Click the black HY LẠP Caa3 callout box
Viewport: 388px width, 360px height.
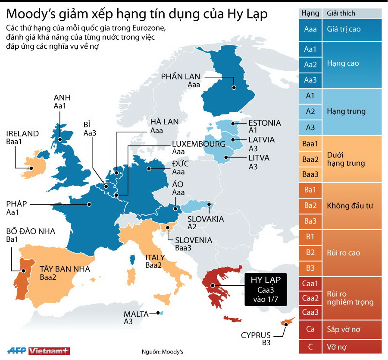[266, 290]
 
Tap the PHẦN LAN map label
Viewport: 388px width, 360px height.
[181, 76]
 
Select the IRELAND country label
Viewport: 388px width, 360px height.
[22, 133]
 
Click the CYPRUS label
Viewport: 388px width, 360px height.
[256, 335]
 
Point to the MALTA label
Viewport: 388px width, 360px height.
[136, 314]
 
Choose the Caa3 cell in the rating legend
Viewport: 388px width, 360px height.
[310, 312]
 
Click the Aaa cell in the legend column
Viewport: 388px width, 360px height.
[310, 30]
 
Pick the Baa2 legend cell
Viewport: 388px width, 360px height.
[310, 159]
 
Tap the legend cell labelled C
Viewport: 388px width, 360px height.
[310, 346]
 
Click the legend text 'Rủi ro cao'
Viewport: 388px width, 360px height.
[344, 253]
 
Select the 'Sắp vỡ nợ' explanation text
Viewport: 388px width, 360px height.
[344, 329]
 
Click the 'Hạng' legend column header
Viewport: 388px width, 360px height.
[310, 13]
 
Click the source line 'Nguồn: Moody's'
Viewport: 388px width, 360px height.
[163, 352]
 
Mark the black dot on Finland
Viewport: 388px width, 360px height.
[234, 87]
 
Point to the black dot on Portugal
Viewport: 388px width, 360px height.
[23, 272]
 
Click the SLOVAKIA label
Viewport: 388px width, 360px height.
[206, 219]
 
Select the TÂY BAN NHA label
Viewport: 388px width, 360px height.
[65, 269]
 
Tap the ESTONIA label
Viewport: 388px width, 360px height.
[265, 123]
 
